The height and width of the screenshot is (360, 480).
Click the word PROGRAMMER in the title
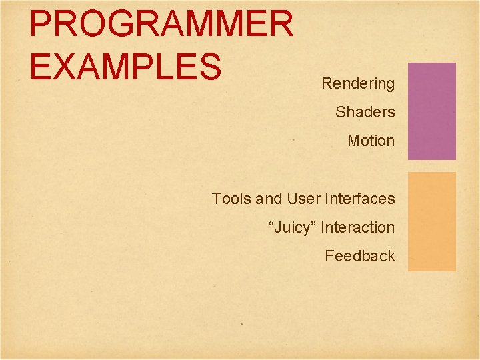pyautogui.click(x=161, y=24)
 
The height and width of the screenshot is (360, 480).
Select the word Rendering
pyautogui.click(x=358, y=84)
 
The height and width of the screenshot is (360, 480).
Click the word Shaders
pyautogui.click(x=365, y=112)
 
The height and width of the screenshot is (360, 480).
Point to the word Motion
pyautogui.click(x=371, y=141)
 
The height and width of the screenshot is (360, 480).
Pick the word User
pyautogui.click(x=303, y=199)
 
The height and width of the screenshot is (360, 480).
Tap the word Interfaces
pyautogui.click(x=359, y=199)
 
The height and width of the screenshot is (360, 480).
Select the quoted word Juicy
pyautogui.click(x=293, y=228)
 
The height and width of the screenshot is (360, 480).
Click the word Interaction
pyautogui.click(x=357, y=227)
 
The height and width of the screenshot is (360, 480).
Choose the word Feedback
pyautogui.click(x=360, y=256)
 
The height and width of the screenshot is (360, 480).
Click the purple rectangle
pyautogui.click(x=431, y=111)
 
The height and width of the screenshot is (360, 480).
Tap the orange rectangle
pyautogui.click(x=431, y=221)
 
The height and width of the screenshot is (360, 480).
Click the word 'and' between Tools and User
pyautogui.click(x=269, y=199)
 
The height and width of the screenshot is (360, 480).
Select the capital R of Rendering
pyautogui.click(x=327, y=84)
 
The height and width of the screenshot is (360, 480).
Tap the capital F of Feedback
pyautogui.click(x=329, y=256)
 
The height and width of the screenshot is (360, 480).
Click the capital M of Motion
pyautogui.click(x=353, y=141)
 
